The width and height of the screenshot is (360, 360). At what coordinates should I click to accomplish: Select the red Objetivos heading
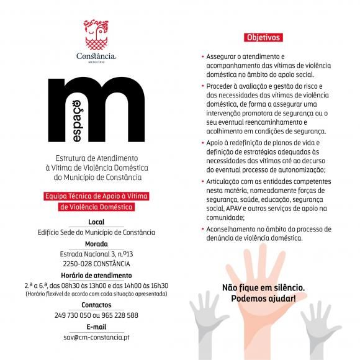tap(264, 37)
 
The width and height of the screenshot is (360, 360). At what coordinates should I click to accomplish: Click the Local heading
tap(96, 222)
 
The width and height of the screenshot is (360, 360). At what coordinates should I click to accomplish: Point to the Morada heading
tap(96, 244)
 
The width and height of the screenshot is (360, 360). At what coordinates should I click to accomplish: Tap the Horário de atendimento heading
tap(96, 275)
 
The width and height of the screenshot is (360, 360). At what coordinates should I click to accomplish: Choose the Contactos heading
tap(96, 305)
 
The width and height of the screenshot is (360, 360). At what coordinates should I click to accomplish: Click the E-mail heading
tap(96, 326)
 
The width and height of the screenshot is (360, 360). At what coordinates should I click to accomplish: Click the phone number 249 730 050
tap(73, 315)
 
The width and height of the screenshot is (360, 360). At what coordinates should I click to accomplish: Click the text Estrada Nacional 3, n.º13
tap(96, 254)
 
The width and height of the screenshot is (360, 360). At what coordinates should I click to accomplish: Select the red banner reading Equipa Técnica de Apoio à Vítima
tap(96, 196)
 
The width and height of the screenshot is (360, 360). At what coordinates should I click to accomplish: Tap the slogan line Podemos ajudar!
tap(264, 298)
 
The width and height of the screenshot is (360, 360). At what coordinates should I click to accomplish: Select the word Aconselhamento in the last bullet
tap(232, 229)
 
